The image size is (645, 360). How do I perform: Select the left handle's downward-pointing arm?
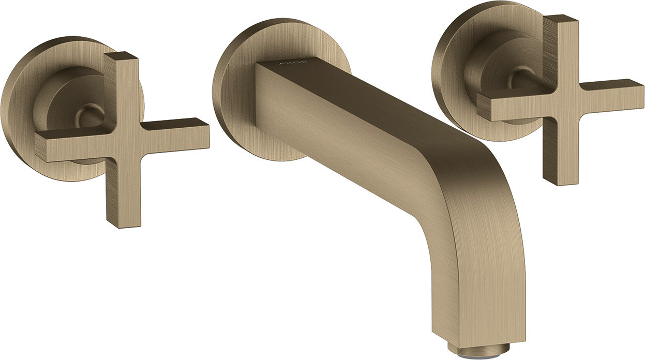point(123,193)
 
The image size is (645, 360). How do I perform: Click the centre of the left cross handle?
point(123,141)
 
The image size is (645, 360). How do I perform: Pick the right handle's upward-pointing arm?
point(560,49)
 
